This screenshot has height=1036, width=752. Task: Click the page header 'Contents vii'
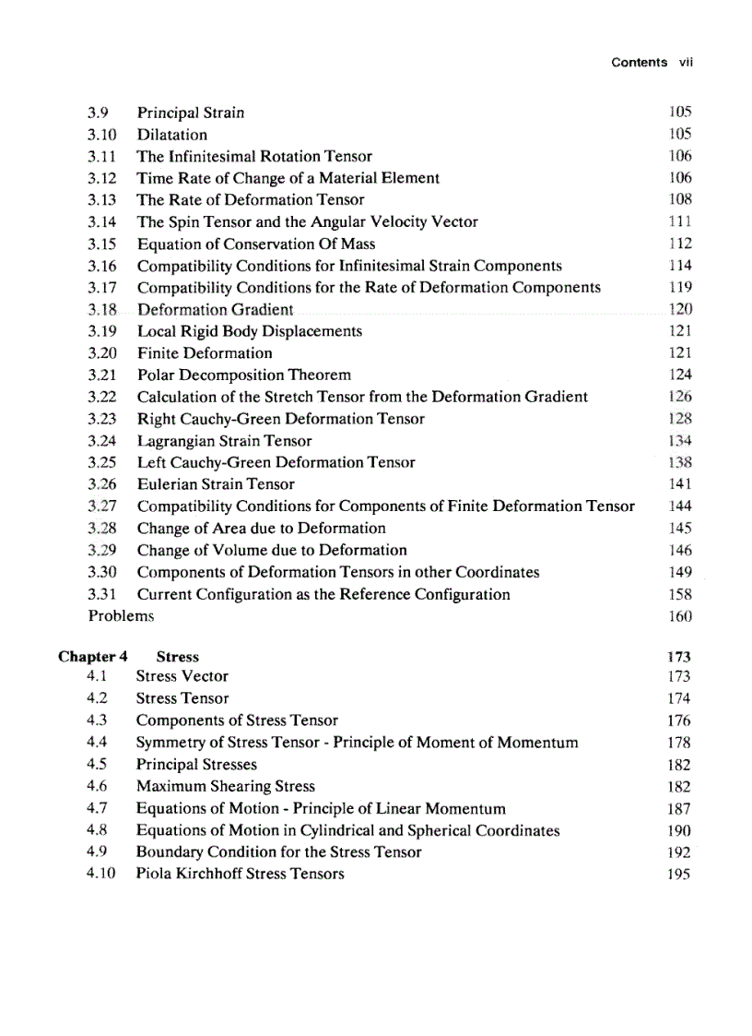click(x=651, y=63)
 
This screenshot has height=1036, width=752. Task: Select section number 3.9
click(x=99, y=113)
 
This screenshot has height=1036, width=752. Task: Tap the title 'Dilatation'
click(x=172, y=135)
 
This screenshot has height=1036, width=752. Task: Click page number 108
click(x=679, y=199)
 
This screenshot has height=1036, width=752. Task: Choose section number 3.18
click(x=103, y=310)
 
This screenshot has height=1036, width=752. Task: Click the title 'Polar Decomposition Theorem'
click(x=243, y=375)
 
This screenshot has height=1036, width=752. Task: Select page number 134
click(x=679, y=441)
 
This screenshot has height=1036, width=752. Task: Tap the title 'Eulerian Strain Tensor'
click(x=216, y=484)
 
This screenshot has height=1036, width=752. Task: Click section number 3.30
click(x=103, y=572)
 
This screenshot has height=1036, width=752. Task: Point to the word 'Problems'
click(x=121, y=615)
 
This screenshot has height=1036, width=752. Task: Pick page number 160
click(x=679, y=616)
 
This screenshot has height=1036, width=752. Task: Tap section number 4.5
click(x=97, y=764)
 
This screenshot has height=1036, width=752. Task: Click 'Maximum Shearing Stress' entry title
click(x=225, y=786)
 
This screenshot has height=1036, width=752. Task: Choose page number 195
click(x=679, y=875)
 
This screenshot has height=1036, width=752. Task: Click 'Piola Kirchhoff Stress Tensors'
click(x=240, y=874)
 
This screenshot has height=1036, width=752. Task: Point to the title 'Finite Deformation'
click(x=205, y=353)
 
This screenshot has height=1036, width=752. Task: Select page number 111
click(x=679, y=221)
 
